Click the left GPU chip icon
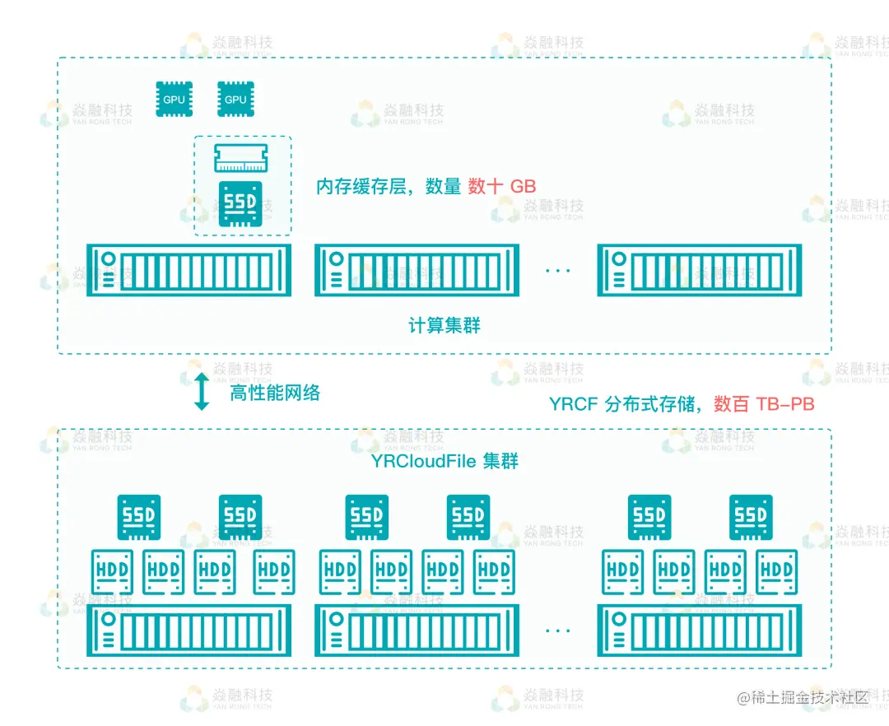(175, 99)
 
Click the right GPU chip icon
(235, 99)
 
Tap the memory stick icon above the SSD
(242, 158)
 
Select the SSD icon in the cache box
(241, 204)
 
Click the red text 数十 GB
(502, 187)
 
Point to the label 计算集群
(444, 326)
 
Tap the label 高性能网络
(275, 393)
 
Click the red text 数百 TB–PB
(764, 404)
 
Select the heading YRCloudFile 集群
(444, 461)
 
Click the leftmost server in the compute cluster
(190, 270)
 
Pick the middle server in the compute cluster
(417, 270)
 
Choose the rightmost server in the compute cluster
(699, 270)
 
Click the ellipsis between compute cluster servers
(558, 271)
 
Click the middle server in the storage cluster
(417, 630)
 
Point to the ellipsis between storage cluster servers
(558, 631)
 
